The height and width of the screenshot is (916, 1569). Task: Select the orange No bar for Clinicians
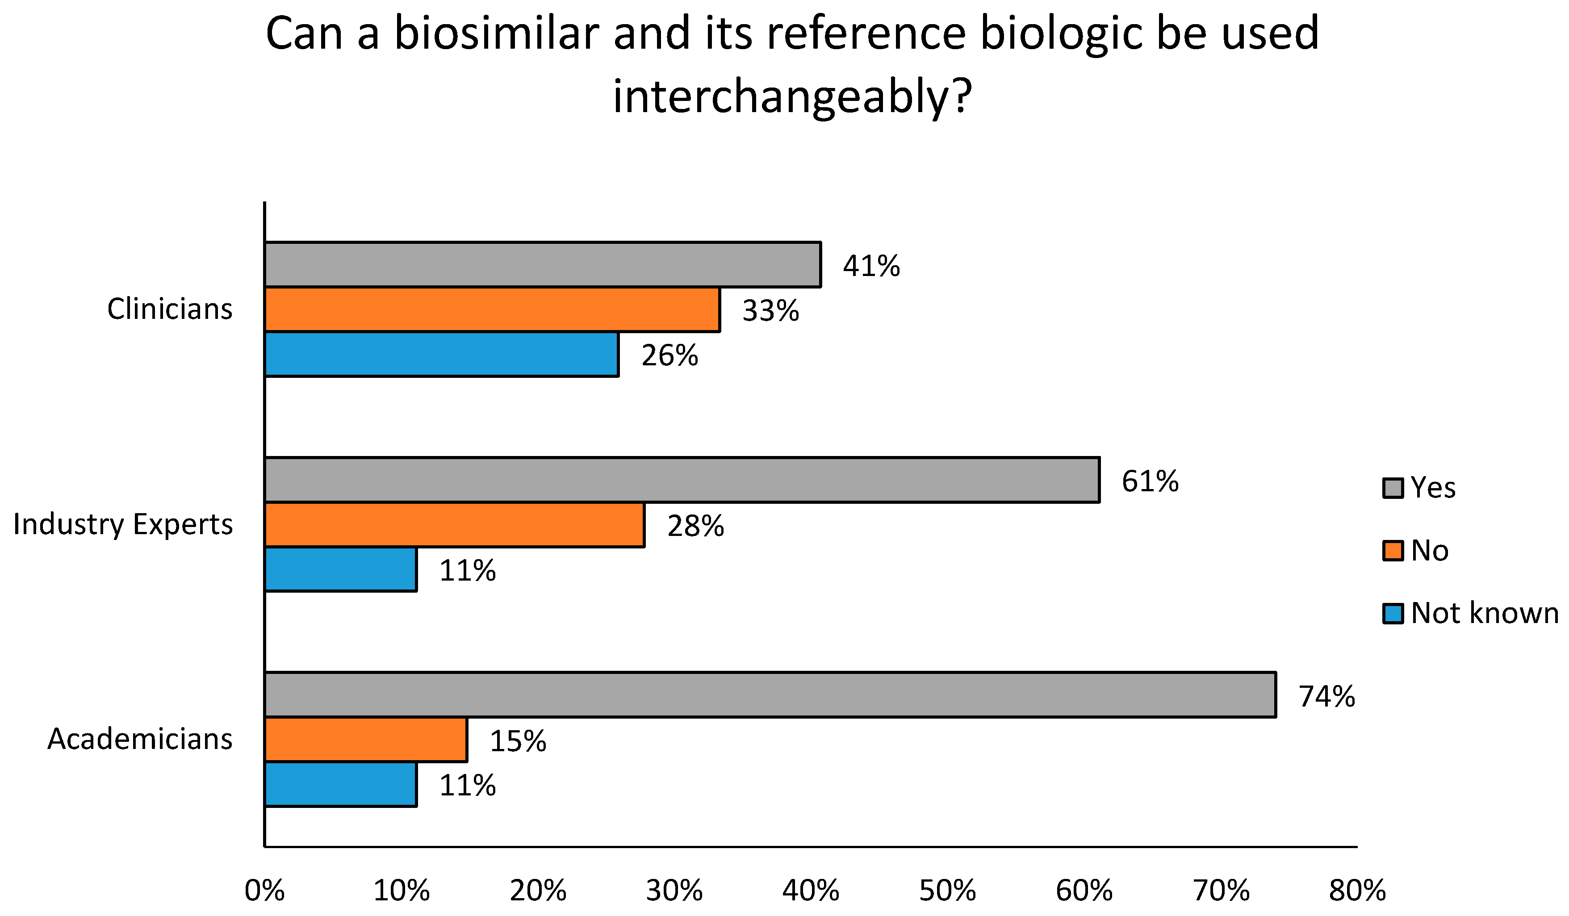pos(492,310)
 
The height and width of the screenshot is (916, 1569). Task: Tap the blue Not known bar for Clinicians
pos(441,354)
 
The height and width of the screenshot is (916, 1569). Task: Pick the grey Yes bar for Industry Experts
pos(682,480)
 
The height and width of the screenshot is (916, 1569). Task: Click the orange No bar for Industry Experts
pos(455,525)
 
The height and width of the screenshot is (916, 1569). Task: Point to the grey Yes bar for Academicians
pos(770,695)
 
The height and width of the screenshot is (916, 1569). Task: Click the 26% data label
pos(669,356)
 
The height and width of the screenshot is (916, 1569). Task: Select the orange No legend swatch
pos(1392,551)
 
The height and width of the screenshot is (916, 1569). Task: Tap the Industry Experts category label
pos(123,524)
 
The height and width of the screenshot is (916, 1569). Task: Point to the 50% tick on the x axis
pos(947,891)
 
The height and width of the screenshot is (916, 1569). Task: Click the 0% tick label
pos(264,891)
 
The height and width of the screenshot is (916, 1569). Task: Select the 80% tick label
pos(1357,891)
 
